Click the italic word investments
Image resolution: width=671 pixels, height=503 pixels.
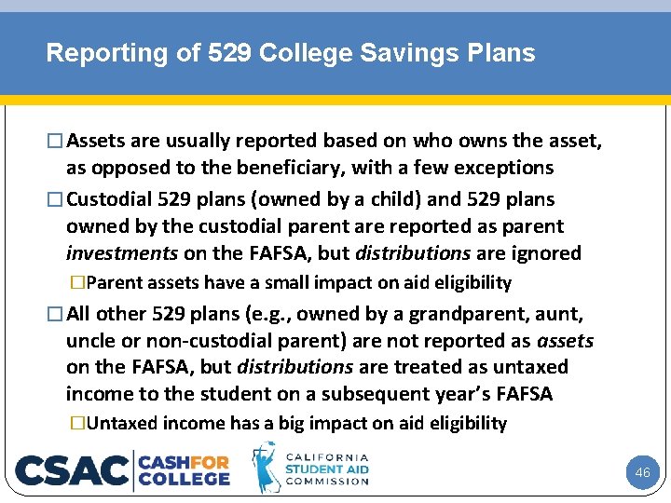click(122, 253)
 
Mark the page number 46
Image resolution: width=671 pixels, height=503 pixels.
click(642, 473)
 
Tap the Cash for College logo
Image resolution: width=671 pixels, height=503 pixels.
click(185, 469)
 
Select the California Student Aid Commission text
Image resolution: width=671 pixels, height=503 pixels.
click(326, 469)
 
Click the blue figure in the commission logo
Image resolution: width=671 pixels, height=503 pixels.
click(267, 468)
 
